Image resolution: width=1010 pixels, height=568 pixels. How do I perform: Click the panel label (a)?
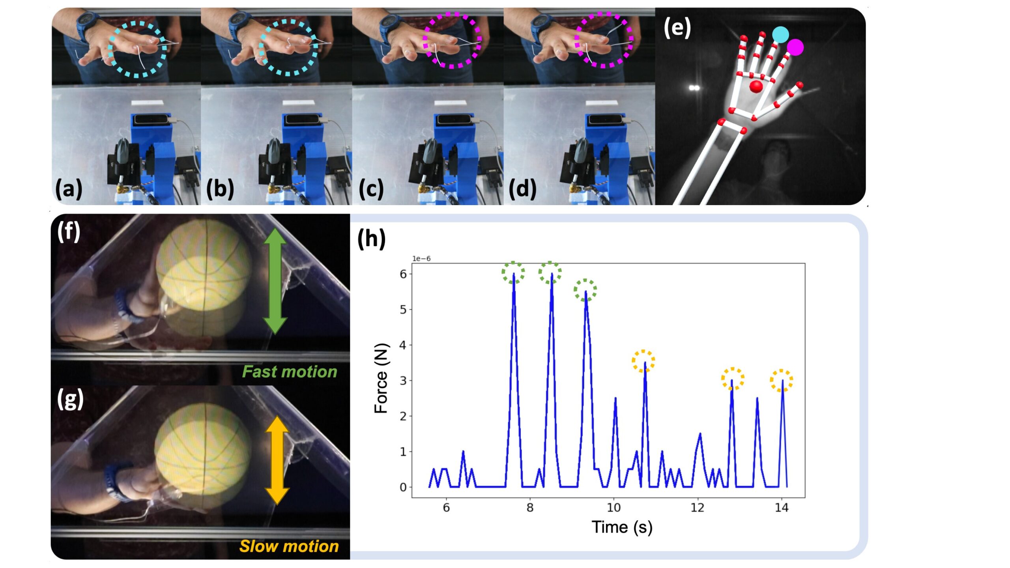[69, 189]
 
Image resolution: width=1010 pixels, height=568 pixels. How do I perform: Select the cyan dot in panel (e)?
[780, 35]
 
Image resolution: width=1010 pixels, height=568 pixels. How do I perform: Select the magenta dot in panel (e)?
[795, 47]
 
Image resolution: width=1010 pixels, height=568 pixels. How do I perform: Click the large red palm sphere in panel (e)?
[756, 86]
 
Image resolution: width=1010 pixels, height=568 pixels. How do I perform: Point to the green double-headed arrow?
[275, 281]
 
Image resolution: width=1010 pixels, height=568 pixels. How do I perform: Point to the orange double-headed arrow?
[277, 460]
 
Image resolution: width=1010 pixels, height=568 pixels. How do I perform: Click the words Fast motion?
[290, 372]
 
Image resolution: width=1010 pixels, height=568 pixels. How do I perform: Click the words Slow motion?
[289, 546]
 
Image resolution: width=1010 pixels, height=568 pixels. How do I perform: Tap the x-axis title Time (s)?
[622, 527]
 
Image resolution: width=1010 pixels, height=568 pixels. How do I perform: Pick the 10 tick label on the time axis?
[614, 508]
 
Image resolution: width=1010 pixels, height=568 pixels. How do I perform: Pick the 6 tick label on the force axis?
[403, 274]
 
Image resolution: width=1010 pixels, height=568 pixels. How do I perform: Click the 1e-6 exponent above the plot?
[421, 259]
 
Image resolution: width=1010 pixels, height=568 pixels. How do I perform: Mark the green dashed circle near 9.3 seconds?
[585, 290]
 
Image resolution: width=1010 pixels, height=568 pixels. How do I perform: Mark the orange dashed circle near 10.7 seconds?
[643, 361]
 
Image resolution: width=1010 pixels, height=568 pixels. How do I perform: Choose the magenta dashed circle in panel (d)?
[604, 39]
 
